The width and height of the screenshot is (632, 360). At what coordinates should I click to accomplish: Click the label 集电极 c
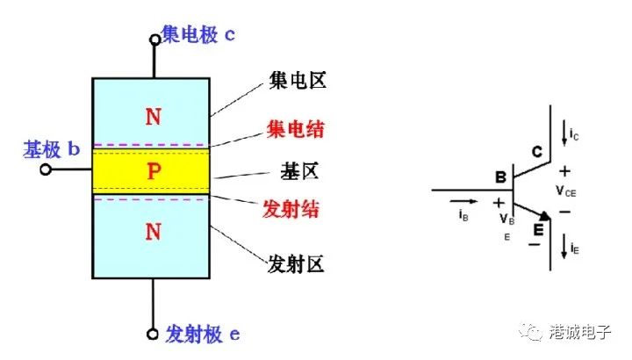point(198,34)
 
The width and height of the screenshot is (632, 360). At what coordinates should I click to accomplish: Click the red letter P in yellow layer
point(154,171)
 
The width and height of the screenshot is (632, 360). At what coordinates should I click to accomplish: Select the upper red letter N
point(154,117)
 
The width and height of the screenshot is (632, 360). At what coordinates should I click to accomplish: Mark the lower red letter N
point(154,232)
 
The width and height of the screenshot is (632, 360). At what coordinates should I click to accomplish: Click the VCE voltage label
point(566,188)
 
